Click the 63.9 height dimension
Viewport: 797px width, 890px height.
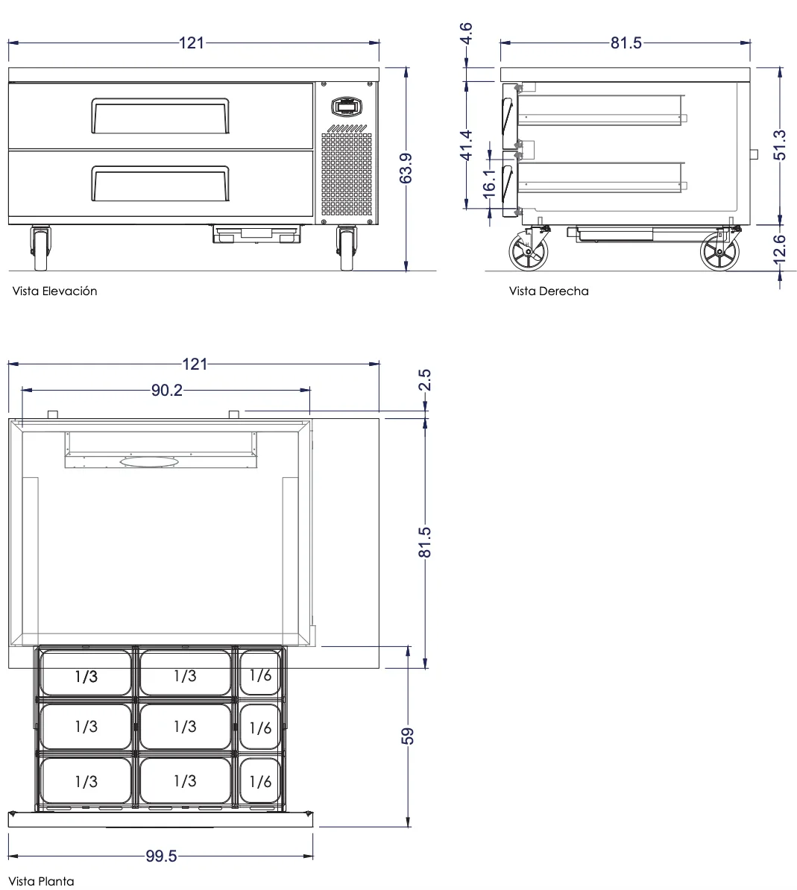pyautogui.click(x=406, y=168)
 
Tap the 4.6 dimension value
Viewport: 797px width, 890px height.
pyautogui.click(x=465, y=34)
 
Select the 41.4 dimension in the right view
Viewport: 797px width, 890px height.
pyautogui.click(x=466, y=145)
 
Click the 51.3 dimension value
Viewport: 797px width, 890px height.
pyautogui.click(x=780, y=145)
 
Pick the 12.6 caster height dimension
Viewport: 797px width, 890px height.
pyautogui.click(x=780, y=250)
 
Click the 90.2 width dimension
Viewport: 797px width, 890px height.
pyautogui.click(x=167, y=390)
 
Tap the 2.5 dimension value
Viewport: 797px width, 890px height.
pyautogui.click(x=425, y=379)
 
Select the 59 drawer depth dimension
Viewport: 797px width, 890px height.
pyautogui.click(x=408, y=736)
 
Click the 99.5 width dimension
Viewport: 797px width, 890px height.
pyautogui.click(x=161, y=856)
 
